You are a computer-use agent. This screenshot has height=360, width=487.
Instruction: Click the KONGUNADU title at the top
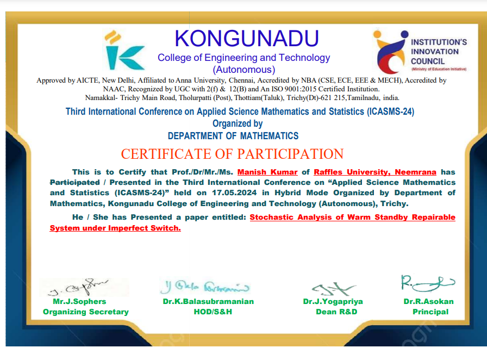[x=247, y=39]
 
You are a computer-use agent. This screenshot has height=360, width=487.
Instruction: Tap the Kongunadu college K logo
[x=124, y=49]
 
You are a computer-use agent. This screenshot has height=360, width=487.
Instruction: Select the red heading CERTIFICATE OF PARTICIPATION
[x=232, y=154]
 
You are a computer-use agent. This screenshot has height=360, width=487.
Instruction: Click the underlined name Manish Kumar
[x=267, y=172]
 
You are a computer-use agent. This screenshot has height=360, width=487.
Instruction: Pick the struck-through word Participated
[x=74, y=182]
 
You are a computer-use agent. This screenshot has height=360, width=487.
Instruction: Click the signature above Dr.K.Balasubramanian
[x=204, y=286]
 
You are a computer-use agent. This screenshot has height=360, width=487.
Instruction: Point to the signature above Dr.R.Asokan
[x=427, y=283]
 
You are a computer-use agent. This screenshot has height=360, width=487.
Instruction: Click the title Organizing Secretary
[x=86, y=312]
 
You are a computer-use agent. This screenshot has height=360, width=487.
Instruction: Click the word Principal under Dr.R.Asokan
[x=430, y=312]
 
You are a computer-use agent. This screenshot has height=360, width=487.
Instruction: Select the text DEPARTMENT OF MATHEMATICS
[x=233, y=135]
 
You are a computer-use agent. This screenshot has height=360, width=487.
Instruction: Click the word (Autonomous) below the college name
[x=244, y=70]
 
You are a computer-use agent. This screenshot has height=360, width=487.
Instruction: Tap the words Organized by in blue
[x=238, y=123]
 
